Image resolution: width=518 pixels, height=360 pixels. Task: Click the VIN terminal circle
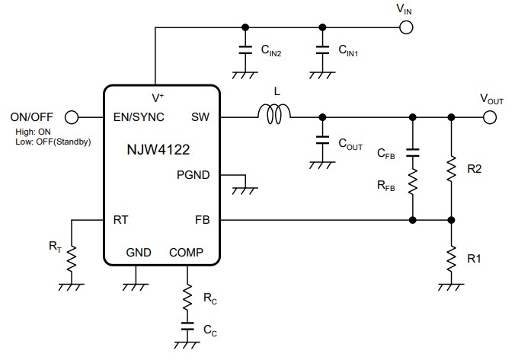click(406, 27)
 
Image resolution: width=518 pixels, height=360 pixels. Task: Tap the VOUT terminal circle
click(489, 117)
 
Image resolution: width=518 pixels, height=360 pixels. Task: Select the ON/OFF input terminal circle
click(72, 117)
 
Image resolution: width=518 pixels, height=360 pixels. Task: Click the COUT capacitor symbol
click(322, 142)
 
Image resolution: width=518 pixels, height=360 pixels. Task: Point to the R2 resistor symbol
click(452, 169)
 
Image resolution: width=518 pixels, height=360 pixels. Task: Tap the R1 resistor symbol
click(452, 257)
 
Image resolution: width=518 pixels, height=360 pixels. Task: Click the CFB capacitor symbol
click(413, 153)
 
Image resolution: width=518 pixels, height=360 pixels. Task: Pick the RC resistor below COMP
click(187, 298)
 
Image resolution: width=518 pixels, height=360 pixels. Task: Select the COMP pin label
click(186, 252)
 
